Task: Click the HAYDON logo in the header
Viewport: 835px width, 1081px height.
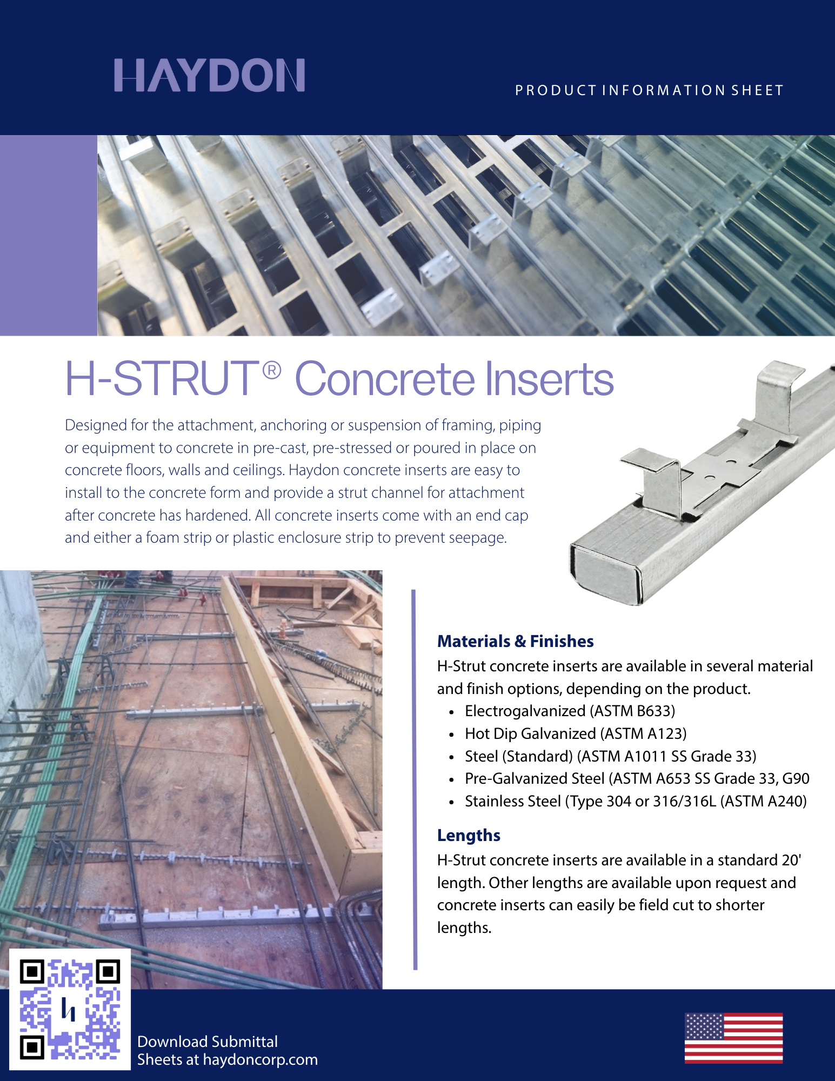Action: (x=210, y=75)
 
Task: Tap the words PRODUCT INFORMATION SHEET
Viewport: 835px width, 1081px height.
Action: (x=649, y=90)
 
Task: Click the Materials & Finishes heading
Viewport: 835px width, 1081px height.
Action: (x=515, y=641)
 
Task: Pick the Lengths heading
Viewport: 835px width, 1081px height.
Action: (x=469, y=836)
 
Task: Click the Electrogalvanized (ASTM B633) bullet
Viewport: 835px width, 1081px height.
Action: (x=570, y=711)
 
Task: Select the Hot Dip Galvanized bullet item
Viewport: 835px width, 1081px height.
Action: (x=576, y=733)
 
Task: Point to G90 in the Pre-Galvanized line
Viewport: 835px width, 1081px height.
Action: (x=796, y=778)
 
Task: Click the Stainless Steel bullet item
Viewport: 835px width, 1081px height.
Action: (x=636, y=801)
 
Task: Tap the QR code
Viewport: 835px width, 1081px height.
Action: (x=70, y=1009)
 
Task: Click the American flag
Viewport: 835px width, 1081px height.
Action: (x=733, y=1038)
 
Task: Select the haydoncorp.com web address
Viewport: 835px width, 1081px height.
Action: (x=260, y=1060)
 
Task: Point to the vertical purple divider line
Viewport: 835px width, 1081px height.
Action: (x=415, y=779)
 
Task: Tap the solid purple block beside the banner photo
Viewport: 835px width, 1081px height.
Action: (x=49, y=235)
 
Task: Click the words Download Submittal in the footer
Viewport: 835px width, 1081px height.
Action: (x=208, y=1042)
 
